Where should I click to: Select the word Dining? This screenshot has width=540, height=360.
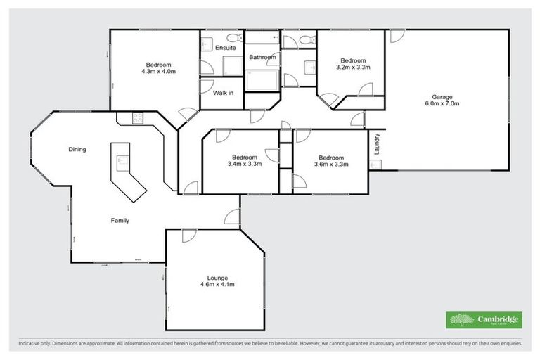click(x=77, y=149)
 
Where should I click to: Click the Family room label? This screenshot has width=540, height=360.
click(x=120, y=221)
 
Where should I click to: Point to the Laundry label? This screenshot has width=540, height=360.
click(x=378, y=144)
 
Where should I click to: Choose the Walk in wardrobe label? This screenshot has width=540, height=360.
click(x=223, y=93)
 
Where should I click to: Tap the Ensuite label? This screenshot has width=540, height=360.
click(x=226, y=47)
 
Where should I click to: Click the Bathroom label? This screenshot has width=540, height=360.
click(x=261, y=57)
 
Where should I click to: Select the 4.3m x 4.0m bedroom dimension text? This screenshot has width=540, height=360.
click(x=158, y=71)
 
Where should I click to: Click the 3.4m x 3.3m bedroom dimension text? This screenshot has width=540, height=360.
click(x=245, y=164)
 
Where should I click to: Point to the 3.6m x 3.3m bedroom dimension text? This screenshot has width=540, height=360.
click(x=330, y=164)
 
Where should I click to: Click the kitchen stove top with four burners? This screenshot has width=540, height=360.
click(x=135, y=117)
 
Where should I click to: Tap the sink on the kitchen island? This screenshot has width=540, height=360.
click(x=120, y=160)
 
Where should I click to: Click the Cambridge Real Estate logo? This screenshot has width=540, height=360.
click(x=484, y=320)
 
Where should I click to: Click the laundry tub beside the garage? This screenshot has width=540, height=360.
click(x=376, y=165)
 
